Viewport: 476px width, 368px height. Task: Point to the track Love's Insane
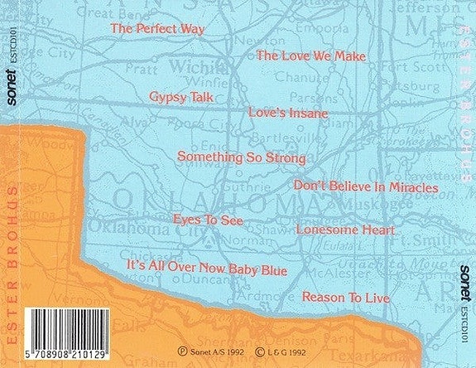click(289, 111)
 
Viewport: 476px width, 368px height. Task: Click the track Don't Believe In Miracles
click(365, 188)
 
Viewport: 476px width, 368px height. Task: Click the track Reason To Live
click(344, 296)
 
